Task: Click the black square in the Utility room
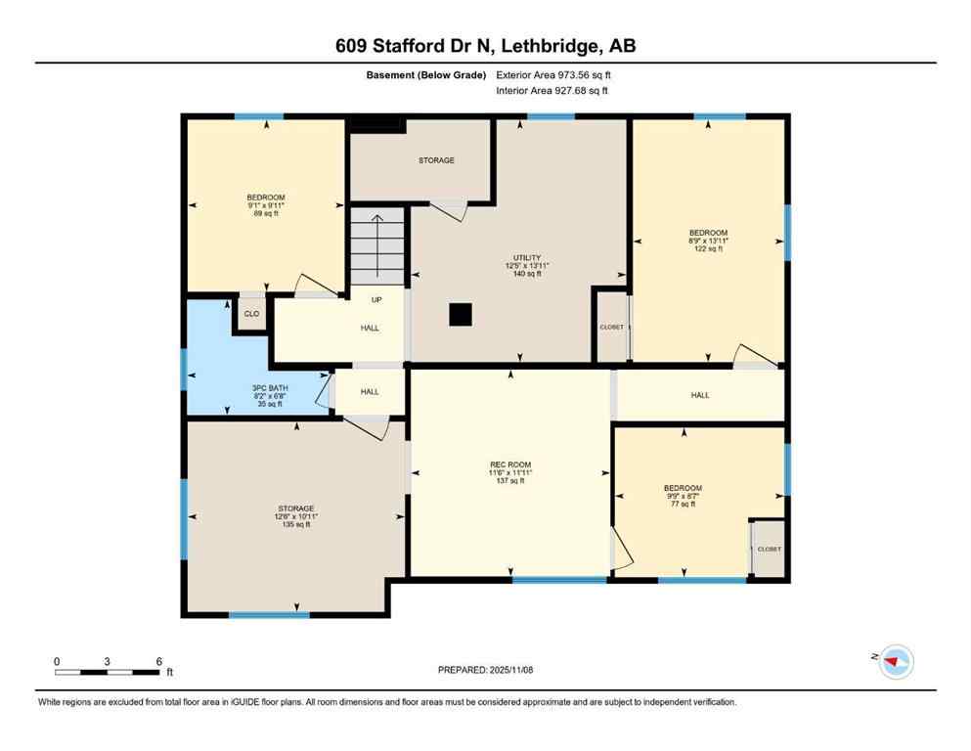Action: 461,314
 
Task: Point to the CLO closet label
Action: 251,314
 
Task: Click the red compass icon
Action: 895,662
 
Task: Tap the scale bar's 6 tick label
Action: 158,661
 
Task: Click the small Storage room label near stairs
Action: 436,160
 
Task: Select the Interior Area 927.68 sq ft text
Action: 552,91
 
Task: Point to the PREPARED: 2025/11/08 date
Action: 485,670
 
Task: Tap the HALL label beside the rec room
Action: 700,395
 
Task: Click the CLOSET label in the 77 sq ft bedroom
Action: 769,550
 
